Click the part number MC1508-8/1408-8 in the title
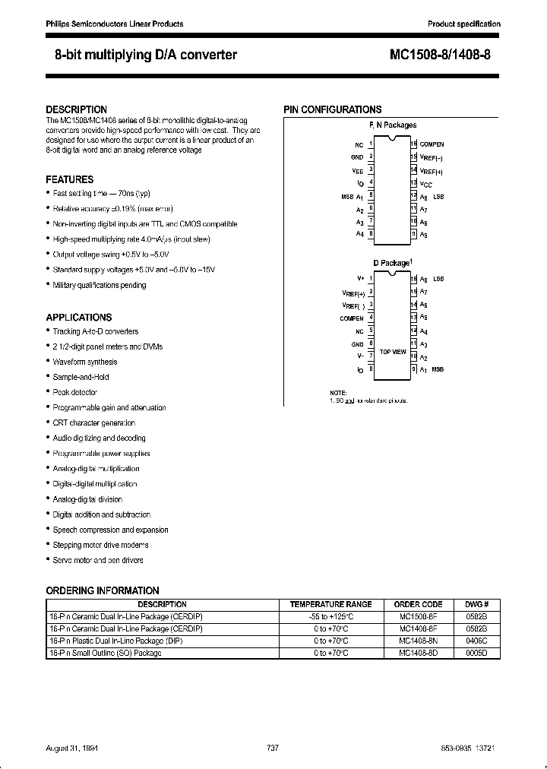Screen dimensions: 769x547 coord(445,55)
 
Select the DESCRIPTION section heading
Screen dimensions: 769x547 coord(76,109)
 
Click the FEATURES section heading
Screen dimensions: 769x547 coord(70,179)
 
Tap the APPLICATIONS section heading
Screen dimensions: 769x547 coord(79,317)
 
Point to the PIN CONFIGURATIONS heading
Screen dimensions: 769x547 coord(333,109)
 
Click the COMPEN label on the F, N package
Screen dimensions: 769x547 coord(432,144)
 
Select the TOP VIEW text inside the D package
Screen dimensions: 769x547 coord(392,352)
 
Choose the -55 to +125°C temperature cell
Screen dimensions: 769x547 coord(330,616)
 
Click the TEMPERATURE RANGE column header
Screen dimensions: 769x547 coord(330,604)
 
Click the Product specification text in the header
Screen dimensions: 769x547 coord(464,24)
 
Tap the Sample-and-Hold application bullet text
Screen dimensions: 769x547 coord(81,377)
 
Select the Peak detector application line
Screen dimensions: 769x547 coord(75,392)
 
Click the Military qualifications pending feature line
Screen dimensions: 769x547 coord(100,285)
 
